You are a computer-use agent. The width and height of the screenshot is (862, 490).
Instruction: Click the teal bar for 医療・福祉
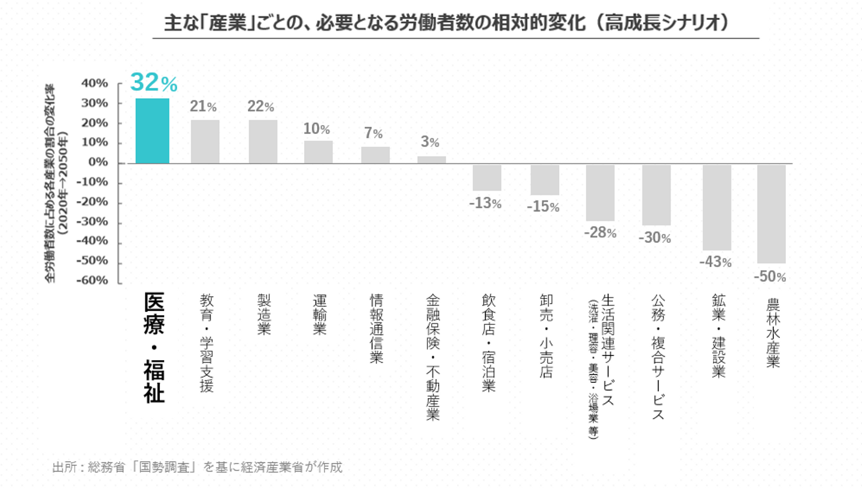pyautogui.click(x=152, y=130)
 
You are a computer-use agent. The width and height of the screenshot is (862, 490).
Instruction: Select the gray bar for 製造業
pyautogui.click(x=263, y=142)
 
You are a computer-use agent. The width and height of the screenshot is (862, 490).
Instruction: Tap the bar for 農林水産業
pyautogui.click(x=771, y=214)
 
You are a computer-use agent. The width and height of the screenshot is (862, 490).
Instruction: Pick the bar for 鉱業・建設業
pyautogui.click(x=717, y=207)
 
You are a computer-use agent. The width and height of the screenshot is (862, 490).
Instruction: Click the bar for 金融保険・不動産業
pyautogui.click(x=432, y=160)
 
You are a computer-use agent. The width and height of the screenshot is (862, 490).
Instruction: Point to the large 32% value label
pyautogui.click(x=154, y=83)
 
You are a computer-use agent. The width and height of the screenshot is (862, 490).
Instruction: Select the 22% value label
pyautogui.click(x=261, y=107)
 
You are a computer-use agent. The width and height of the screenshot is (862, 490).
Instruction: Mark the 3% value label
pyautogui.click(x=430, y=143)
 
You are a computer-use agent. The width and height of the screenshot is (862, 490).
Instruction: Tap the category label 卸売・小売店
pyautogui.click(x=545, y=336)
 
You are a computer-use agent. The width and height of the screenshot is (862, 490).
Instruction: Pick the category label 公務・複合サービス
pyautogui.click(x=657, y=357)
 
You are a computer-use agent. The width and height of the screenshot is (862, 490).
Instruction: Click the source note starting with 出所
pyautogui.click(x=198, y=467)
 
